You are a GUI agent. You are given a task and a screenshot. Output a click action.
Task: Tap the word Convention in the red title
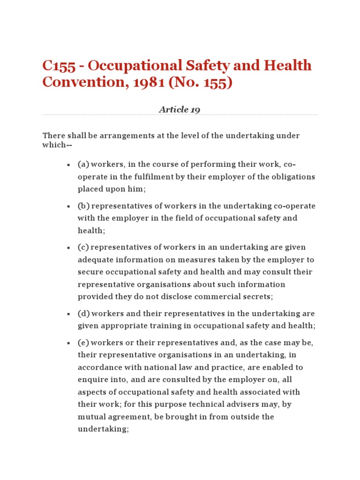coord(75,82)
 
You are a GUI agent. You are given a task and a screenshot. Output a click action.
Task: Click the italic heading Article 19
coord(180,110)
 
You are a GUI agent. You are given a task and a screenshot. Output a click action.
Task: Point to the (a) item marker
coord(83,165)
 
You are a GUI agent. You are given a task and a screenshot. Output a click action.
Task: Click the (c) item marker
coord(83,247)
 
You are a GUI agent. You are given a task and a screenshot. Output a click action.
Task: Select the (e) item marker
coord(83,343)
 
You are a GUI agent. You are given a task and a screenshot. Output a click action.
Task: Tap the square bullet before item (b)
coord(68,206)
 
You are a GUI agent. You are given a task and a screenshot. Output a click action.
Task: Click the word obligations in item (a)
coord(292,177)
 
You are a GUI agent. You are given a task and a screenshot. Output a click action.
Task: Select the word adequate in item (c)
coord(94,260)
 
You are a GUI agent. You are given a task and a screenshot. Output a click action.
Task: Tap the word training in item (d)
coord(159,326)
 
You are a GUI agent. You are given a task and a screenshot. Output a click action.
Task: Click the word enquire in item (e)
coord(92,380)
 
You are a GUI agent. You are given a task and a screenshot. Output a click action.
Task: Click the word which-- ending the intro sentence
coord(54,145)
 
